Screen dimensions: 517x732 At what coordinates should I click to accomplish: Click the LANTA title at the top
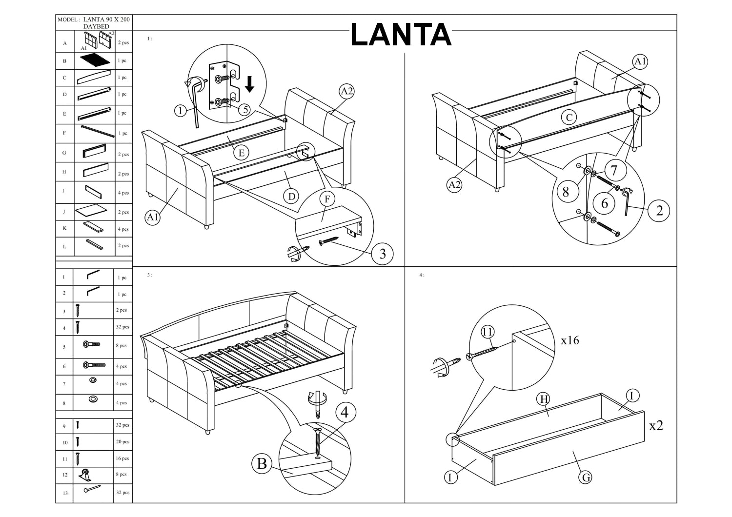401,35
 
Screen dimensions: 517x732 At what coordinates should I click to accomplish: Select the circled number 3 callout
382,253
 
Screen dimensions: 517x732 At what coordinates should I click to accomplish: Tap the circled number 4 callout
345,412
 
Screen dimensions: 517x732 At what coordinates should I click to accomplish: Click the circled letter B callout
262,463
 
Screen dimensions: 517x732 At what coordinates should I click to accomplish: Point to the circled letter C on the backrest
569,117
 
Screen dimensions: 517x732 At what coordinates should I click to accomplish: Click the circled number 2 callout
659,210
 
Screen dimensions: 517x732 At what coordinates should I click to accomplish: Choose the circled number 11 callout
487,332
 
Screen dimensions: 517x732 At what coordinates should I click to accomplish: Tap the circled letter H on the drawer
543,399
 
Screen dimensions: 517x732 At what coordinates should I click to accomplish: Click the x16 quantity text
570,340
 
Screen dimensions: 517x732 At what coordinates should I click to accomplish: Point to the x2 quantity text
656,425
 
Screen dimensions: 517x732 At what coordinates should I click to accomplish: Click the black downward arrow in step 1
249,83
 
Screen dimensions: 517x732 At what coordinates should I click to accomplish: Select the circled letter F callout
327,199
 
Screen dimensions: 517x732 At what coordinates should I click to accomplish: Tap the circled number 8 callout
566,192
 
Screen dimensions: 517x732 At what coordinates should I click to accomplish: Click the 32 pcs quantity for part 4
122,327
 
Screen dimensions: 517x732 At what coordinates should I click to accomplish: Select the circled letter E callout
241,153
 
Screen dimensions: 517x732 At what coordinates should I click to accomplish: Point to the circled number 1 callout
181,111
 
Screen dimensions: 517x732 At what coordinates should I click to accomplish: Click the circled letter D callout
291,196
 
